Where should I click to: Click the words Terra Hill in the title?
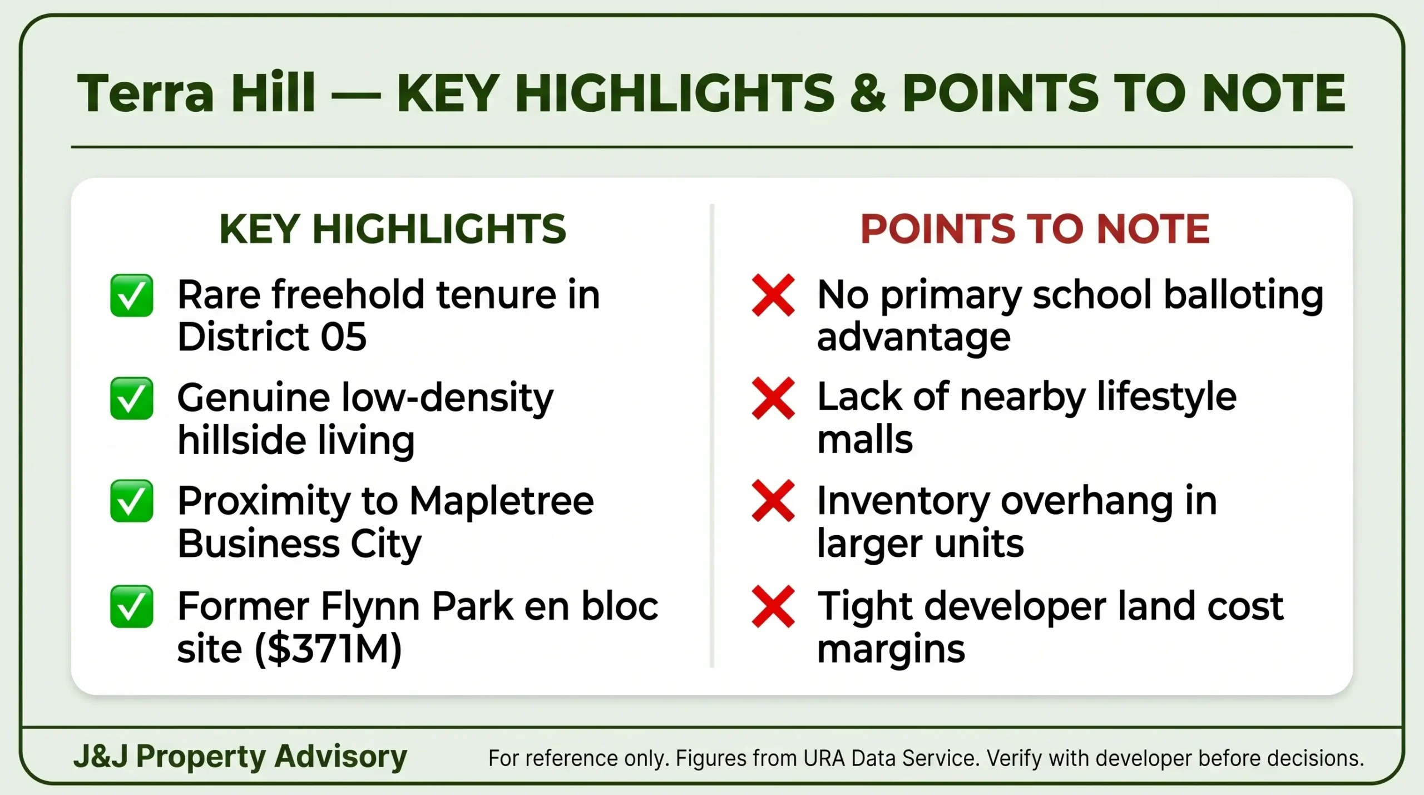click(x=196, y=93)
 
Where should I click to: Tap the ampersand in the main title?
click(x=867, y=93)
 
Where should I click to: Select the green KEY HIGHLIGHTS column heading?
click(x=393, y=229)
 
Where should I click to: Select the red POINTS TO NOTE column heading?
click(x=1035, y=229)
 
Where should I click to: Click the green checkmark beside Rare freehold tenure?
click(x=131, y=295)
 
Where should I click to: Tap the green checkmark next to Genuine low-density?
click(x=131, y=398)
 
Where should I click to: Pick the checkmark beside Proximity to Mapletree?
click(x=131, y=501)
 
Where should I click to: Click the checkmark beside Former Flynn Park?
click(x=131, y=606)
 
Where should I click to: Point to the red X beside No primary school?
click(x=773, y=295)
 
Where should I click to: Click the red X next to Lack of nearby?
click(x=773, y=398)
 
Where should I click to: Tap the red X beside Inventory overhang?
click(x=773, y=501)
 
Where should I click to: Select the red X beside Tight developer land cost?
click(x=773, y=606)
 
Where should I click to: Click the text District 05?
click(x=272, y=337)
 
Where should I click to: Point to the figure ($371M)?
click(x=328, y=649)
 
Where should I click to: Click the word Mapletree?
click(x=502, y=501)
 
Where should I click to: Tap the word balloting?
click(x=1243, y=295)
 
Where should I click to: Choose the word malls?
click(x=865, y=440)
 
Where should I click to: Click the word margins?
click(x=891, y=649)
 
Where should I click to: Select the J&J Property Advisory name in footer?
click(x=240, y=757)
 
